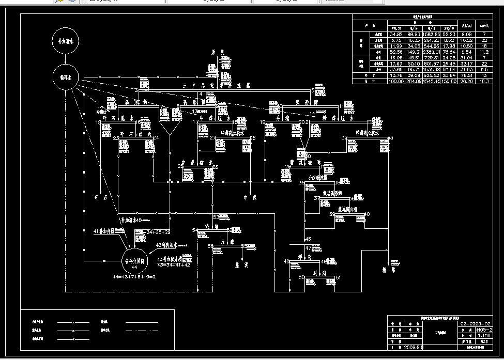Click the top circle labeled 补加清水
[65, 40]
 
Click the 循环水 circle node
[65, 77]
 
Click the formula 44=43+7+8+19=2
[134, 277]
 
